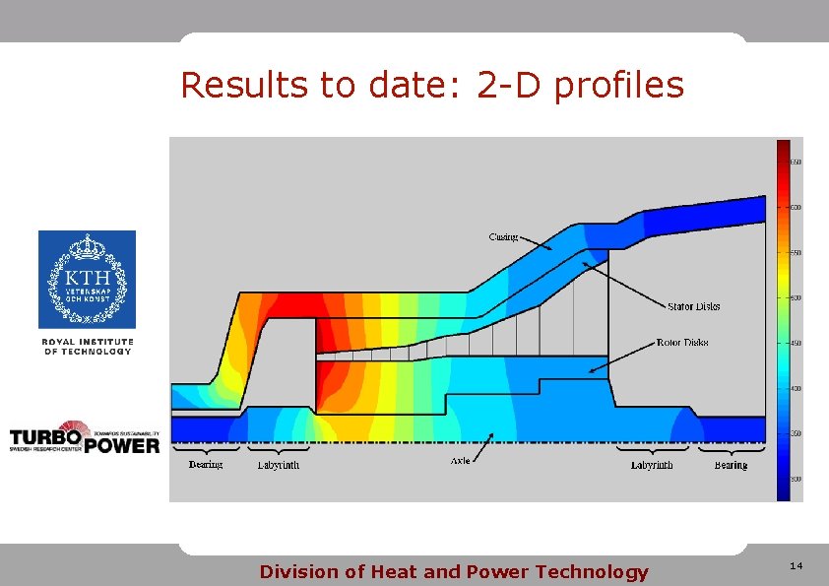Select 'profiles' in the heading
pos(619,86)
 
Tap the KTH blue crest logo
pos(87,279)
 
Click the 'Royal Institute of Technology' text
pos(87,346)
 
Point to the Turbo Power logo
pos(85,439)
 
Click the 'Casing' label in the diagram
pos(503,236)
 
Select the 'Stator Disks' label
pos(694,306)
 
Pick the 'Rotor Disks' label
pos(682,343)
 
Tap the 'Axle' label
pos(460,461)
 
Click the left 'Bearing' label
pos(206,465)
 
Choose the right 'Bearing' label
pos(731,465)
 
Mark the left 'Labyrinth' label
pos(279,465)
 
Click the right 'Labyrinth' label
pos(652,465)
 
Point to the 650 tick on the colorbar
pos(794,162)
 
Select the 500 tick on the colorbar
pos(794,297)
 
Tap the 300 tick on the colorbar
pos(794,479)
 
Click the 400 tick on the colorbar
pos(794,388)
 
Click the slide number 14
pos(797,565)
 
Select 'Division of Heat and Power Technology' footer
pos(454,571)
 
